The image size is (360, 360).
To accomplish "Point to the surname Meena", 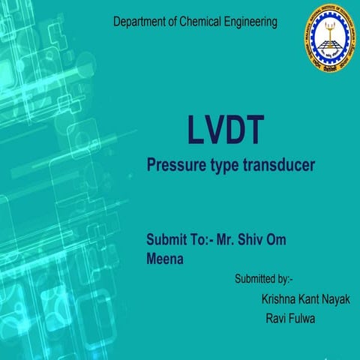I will [166, 259].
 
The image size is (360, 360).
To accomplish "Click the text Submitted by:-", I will [263, 280].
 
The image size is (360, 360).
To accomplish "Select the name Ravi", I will [277, 318].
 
